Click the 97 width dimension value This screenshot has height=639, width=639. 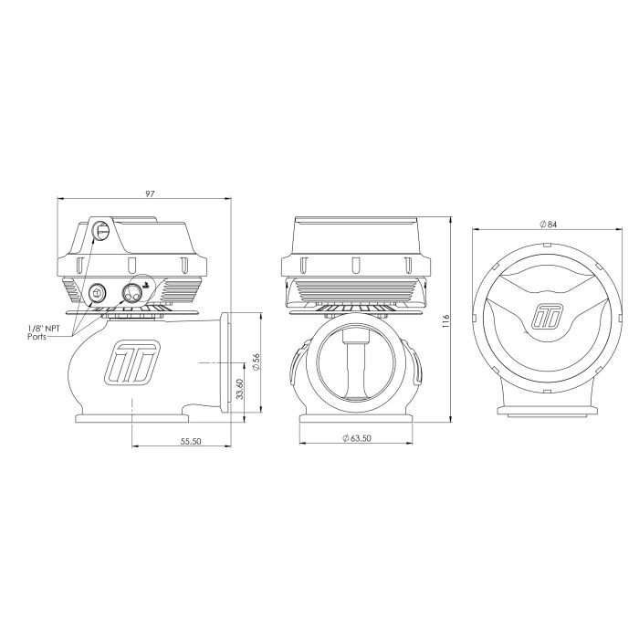tap(150, 194)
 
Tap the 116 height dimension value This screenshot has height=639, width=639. tap(445, 321)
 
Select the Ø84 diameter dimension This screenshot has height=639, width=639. tap(548, 225)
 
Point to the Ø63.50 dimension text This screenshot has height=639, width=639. tap(357, 438)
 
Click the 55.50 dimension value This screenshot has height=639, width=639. tap(191, 441)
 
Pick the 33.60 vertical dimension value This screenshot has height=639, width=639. tap(239, 389)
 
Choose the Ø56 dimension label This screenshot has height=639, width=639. tap(256, 361)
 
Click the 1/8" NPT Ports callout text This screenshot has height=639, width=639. tap(44, 332)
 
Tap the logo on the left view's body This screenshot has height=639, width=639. tap(132, 362)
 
